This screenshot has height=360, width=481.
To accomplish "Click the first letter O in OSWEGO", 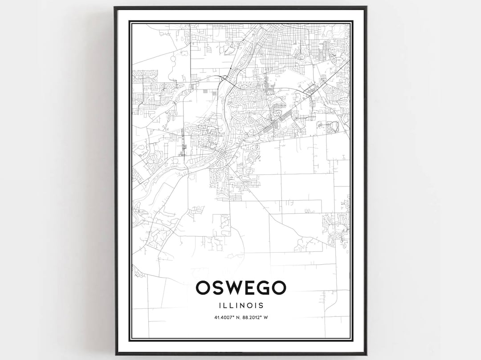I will coord(205,288).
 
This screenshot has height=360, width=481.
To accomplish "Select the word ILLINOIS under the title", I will coord(241,306).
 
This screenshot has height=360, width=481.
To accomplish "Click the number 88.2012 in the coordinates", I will coord(253,317).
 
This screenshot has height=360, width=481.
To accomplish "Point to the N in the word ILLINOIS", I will coord(243,306).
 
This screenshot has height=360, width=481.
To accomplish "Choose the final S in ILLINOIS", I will coord(261,306).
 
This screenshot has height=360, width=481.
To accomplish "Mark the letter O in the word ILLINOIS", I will coord(250,306).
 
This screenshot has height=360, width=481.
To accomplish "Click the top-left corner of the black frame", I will coord(115,7).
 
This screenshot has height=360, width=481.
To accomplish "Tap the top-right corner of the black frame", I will coord(366,7).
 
